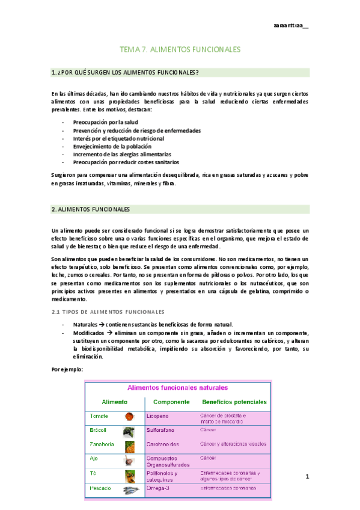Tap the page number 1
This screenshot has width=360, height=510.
point(307,477)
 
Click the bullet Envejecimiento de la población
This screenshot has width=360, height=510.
point(112,146)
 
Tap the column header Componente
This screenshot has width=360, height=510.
point(172,402)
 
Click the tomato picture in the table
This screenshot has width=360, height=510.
point(129,416)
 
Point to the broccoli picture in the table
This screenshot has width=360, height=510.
point(129,431)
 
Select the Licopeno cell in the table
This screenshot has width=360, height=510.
point(158,416)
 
